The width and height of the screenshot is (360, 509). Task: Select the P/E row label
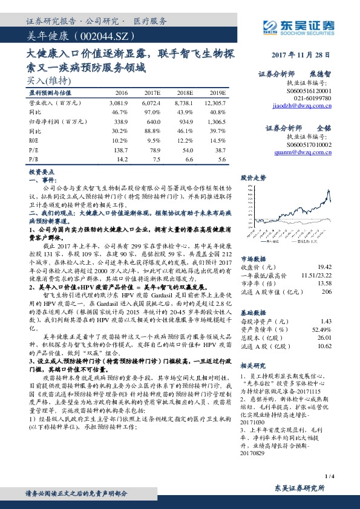click(34, 148)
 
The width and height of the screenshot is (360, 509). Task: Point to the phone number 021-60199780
click(312, 97)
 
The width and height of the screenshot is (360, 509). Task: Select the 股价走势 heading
click(254, 178)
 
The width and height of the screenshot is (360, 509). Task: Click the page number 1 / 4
click(329, 478)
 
